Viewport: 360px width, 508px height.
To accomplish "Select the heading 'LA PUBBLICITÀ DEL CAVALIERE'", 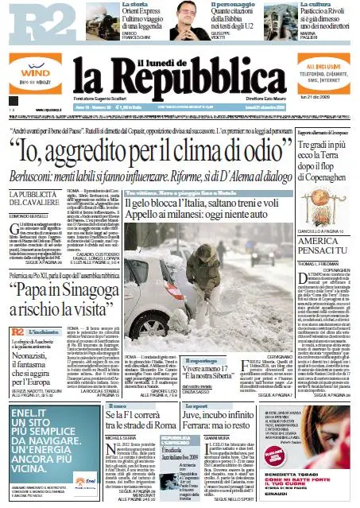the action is point(41,199).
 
